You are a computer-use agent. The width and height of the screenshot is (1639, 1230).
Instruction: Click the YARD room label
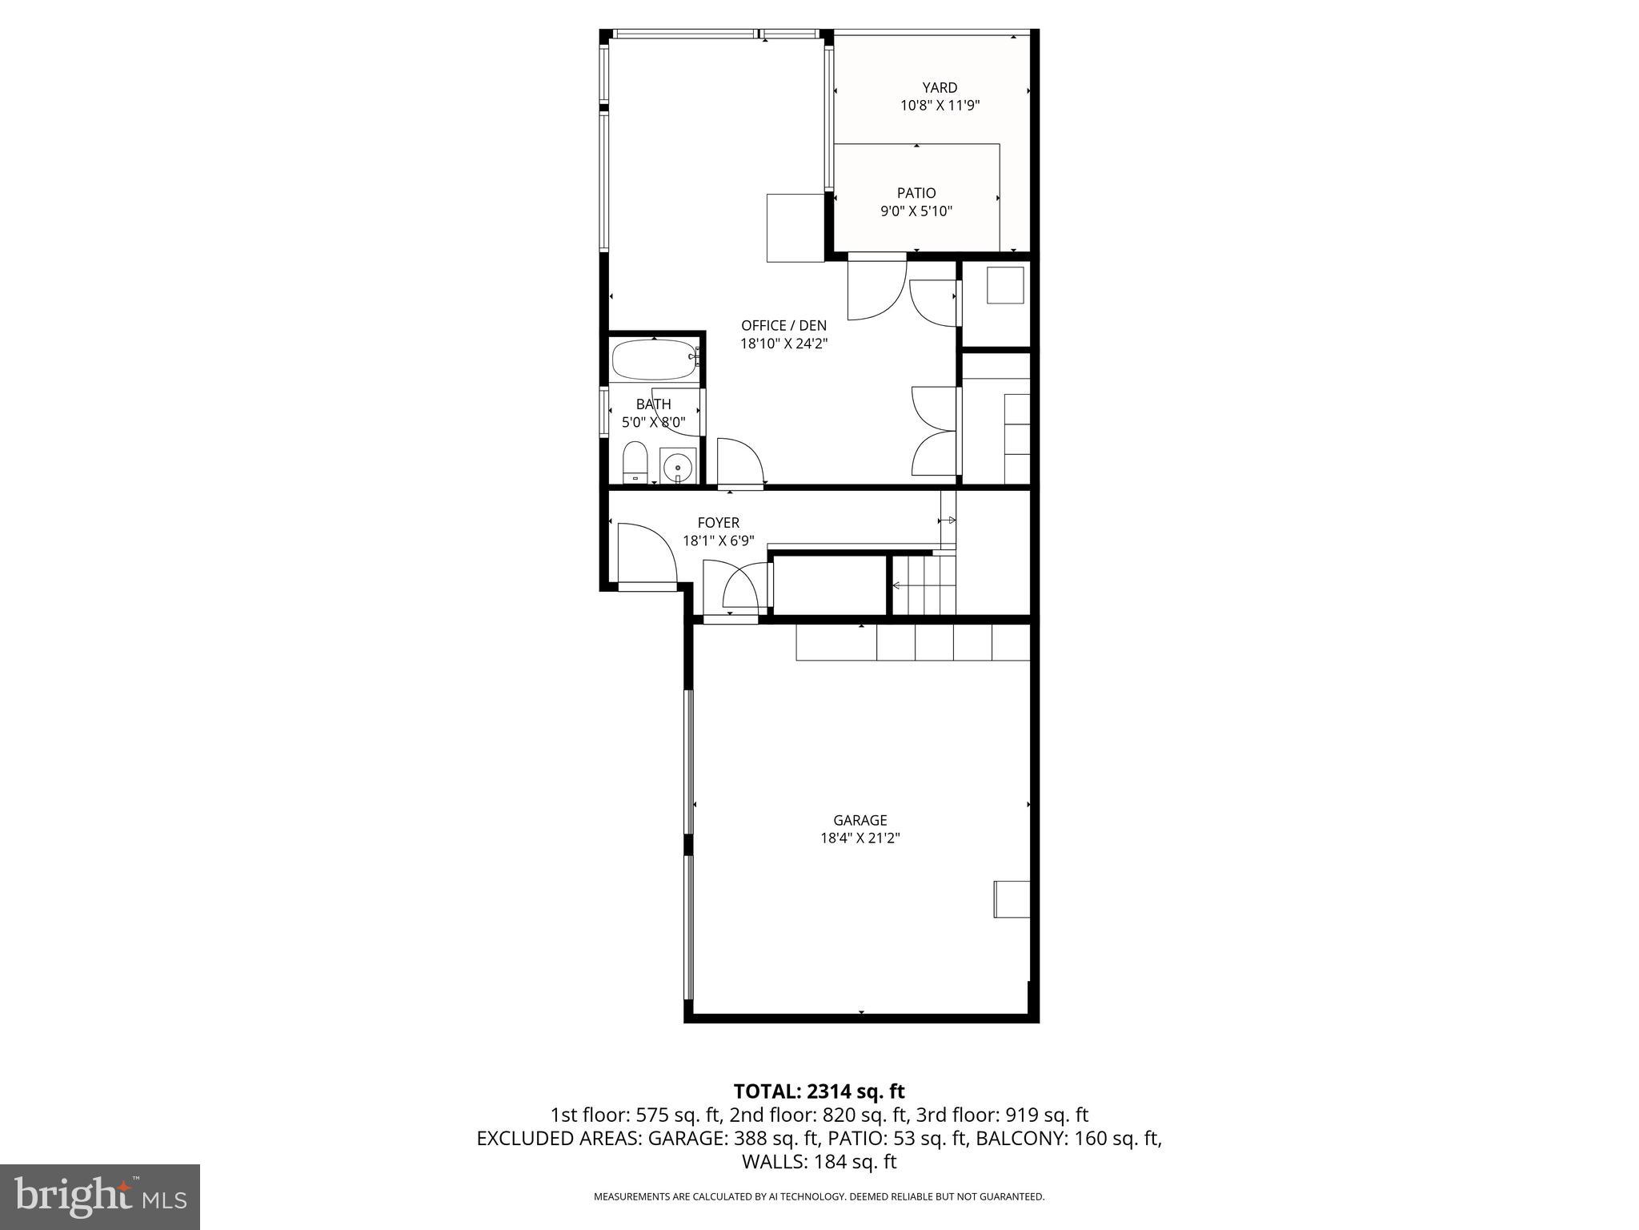click(940, 87)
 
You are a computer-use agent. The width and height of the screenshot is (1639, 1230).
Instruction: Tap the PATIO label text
click(916, 193)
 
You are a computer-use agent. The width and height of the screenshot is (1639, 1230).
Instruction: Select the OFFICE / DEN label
click(783, 325)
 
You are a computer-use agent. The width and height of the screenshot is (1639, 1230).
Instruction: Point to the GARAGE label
click(860, 820)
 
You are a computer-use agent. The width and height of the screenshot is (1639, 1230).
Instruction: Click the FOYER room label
click(718, 523)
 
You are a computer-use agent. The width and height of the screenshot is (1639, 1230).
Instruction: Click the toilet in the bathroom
click(635, 462)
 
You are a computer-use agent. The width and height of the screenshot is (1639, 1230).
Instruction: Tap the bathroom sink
click(678, 465)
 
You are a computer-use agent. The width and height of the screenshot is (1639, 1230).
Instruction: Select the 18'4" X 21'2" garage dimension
click(860, 838)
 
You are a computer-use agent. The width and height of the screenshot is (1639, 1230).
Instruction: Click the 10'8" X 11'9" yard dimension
click(940, 105)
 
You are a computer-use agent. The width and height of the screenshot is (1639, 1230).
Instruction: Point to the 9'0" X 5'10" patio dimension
click(916, 211)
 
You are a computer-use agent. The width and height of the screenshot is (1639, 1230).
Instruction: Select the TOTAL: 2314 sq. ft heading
click(819, 1091)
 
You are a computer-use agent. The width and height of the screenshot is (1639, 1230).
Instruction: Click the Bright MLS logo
click(100, 1196)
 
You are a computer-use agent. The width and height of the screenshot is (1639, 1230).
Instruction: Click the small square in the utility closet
click(1005, 286)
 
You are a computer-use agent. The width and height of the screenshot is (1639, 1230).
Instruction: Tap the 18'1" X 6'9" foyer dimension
click(718, 541)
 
